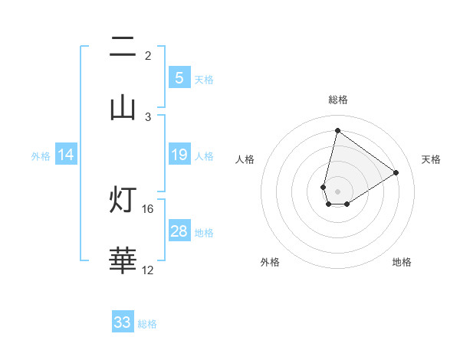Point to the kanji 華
coord(123,260)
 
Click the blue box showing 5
coord(179,77)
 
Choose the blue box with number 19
coord(179,155)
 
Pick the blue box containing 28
coord(179,231)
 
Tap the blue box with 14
coord(66,155)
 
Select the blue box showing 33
coord(123,322)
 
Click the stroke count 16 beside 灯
coord(148,208)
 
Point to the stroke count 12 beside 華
coord(148,270)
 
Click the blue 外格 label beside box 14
coord(41,156)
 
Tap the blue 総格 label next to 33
coord(147,324)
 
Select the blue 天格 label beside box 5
coord(204,79)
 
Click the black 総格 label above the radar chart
coord(337,100)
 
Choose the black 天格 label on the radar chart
coord(431,159)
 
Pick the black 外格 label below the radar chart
coord(270,263)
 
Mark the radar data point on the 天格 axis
coord(396,172)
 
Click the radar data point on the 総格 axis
coord(337,130)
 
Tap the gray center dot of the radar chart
coord(337,191)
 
